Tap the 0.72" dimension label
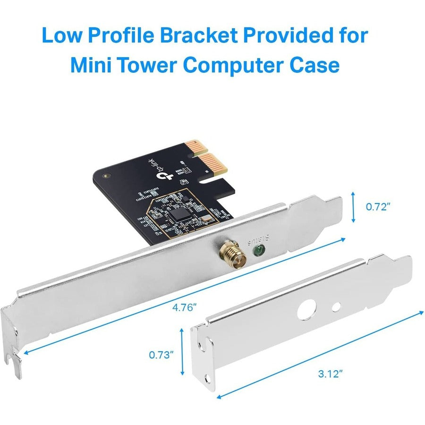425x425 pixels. (378, 206)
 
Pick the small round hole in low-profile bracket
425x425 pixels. (336, 307)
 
